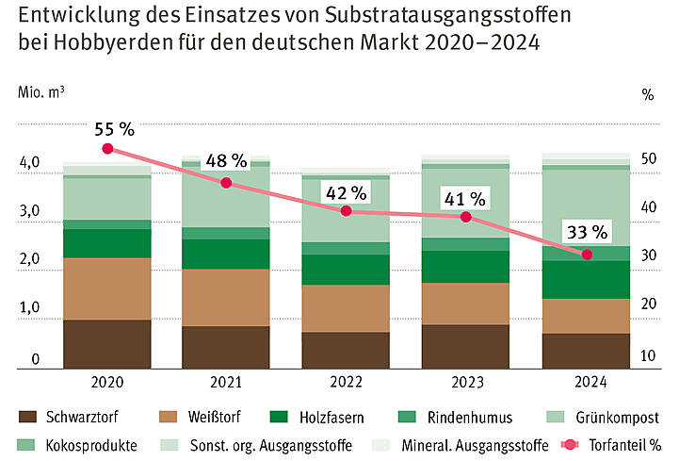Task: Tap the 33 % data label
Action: click(x=587, y=232)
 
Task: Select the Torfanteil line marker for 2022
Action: click(x=346, y=211)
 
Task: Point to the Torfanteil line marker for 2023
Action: click(x=465, y=217)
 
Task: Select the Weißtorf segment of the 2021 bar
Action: click(x=226, y=297)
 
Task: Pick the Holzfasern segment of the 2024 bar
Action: click(x=587, y=279)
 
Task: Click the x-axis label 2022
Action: click(x=346, y=383)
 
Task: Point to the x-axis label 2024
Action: click(x=587, y=383)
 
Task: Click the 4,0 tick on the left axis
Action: click(x=28, y=163)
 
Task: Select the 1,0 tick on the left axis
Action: click(x=28, y=309)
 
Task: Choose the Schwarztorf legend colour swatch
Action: click(x=28, y=417)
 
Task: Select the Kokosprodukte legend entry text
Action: click(x=90, y=444)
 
